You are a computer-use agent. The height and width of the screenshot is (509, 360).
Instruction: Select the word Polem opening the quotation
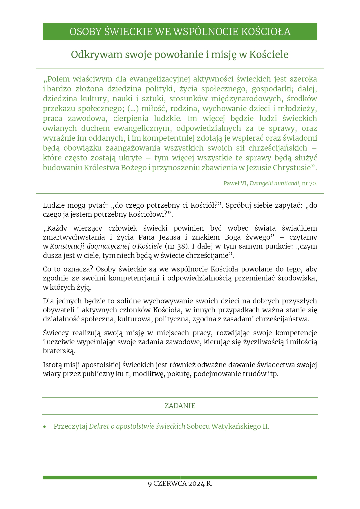click(x=56, y=79)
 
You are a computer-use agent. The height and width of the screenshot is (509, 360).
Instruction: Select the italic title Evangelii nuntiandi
click(x=275, y=183)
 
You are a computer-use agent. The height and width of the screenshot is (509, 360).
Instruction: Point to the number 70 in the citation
click(x=313, y=183)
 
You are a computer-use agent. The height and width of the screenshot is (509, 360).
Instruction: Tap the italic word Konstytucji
click(x=67, y=246)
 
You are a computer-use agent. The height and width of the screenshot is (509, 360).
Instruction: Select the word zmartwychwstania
click(x=74, y=237)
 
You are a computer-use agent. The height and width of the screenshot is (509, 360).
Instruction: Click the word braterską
click(x=59, y=351)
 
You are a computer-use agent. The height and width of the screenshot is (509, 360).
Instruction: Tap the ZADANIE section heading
click(x=180, y=406)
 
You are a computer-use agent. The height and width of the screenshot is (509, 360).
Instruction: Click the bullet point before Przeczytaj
click(x=44, y=427)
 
